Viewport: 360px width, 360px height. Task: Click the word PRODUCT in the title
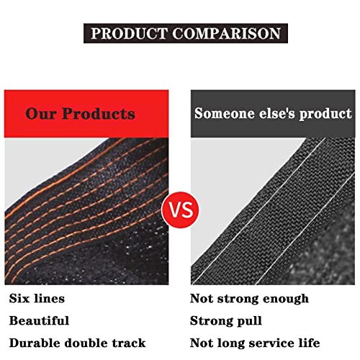click(129, 33)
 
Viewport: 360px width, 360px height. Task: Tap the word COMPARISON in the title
click(226, 33)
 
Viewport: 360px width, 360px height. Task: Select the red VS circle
click(181, 210)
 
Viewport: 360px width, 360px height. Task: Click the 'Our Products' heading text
click(80, 114)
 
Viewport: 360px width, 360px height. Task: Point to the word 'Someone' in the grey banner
click(225, 113)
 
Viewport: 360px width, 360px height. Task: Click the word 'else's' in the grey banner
click(277, 113)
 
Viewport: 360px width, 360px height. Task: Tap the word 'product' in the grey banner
click(325, 114)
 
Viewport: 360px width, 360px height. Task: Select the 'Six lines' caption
click(37, 299)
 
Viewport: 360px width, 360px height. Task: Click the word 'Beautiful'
click(39, 321)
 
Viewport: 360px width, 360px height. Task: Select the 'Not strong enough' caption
click(249, 300)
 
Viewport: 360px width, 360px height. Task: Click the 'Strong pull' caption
click(226, 321)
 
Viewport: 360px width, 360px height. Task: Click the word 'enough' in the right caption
click(286, 300)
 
